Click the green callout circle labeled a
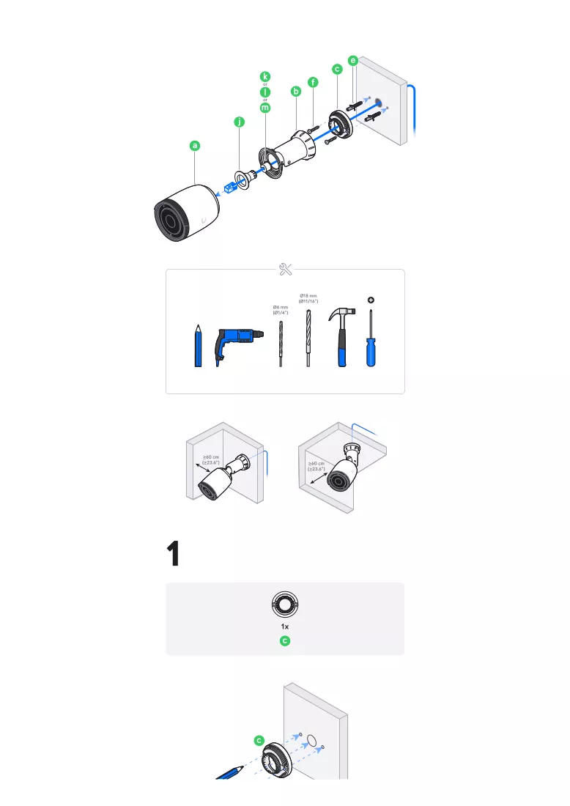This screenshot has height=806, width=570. coord(195,146)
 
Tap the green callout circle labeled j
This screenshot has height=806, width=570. coord(239,122)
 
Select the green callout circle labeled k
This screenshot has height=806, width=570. coord(265,77)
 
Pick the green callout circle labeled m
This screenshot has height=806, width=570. coord(265,108)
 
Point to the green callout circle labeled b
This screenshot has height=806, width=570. coord(295,92)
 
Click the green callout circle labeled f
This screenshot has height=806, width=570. coord(313,82)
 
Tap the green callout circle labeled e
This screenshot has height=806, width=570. coord(352,61)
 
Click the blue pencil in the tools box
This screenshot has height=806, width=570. coord(199,345)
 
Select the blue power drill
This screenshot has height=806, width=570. coord(239,345)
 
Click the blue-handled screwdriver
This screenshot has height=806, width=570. coord(371,339)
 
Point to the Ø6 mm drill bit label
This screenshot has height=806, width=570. coord(281,310)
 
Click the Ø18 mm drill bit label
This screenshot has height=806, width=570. coord(308,299)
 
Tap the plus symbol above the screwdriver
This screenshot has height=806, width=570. coord(371,300)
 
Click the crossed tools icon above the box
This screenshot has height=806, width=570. coord(285,270)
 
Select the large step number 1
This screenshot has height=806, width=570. coord(174,553)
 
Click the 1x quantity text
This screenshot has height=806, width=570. coord(285,626)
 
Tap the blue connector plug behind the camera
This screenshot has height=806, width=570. coord(230,187)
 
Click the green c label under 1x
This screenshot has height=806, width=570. coord(285,641)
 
